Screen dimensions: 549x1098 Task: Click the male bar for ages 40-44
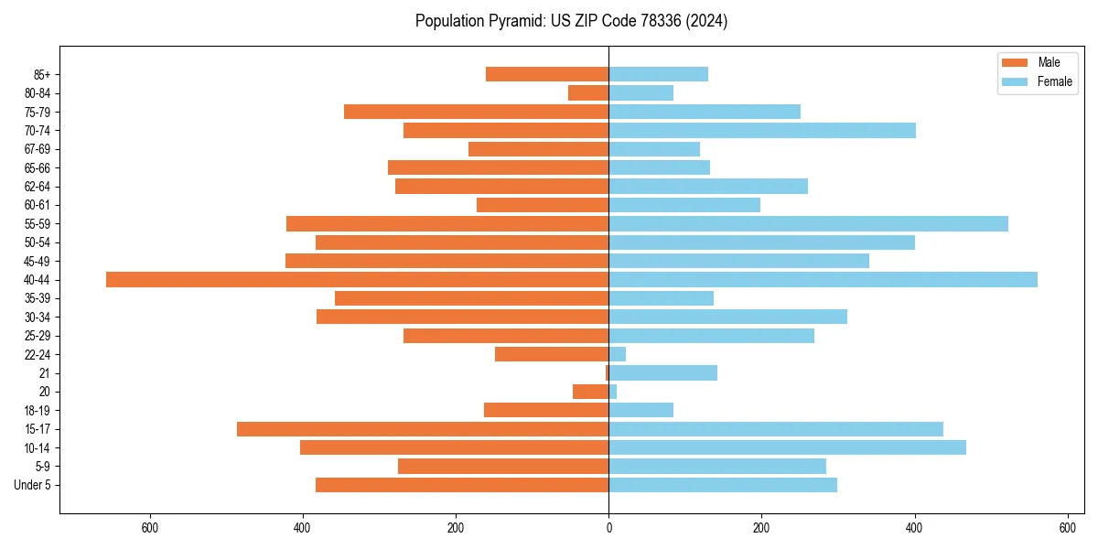(357, 280)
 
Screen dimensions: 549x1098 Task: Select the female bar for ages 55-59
(808, 224)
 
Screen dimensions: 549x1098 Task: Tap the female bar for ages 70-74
(762, 131)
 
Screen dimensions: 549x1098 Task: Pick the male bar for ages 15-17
(423, 429)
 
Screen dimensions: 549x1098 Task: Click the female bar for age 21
(662, 373)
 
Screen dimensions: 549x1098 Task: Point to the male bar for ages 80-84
(588, 93)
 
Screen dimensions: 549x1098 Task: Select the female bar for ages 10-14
(787, 447)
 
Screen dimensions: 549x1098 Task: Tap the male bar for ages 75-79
(476, 112)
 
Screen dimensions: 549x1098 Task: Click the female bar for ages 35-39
(661, 298)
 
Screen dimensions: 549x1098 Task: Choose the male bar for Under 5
(462, 485)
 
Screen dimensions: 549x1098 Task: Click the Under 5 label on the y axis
(33, 485)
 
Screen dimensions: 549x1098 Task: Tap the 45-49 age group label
(38, 262)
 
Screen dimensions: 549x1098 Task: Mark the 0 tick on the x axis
(608, 528)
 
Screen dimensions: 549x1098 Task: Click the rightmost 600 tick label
(1067, 528)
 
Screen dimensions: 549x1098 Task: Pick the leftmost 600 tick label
(150, 528)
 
